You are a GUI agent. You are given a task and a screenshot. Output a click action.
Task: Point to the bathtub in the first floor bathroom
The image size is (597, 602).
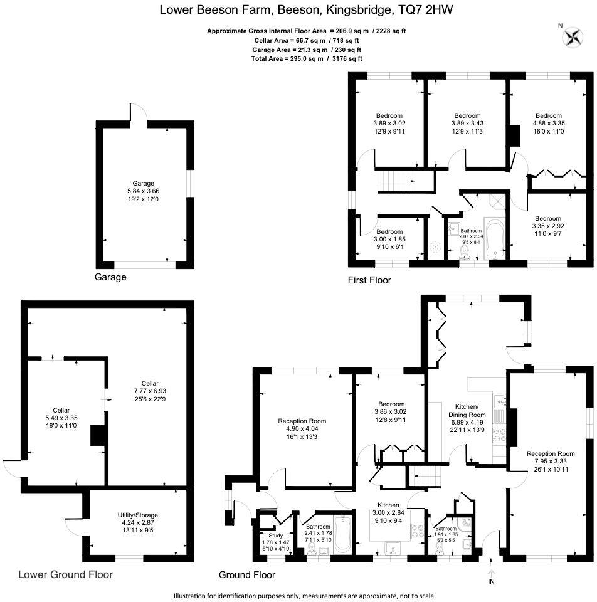(x=494, y=240)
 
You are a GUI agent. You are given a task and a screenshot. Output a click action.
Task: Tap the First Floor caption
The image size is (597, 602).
(x=369, y=280)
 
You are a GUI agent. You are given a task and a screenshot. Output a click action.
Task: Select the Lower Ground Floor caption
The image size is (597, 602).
(x=65, y=574)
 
